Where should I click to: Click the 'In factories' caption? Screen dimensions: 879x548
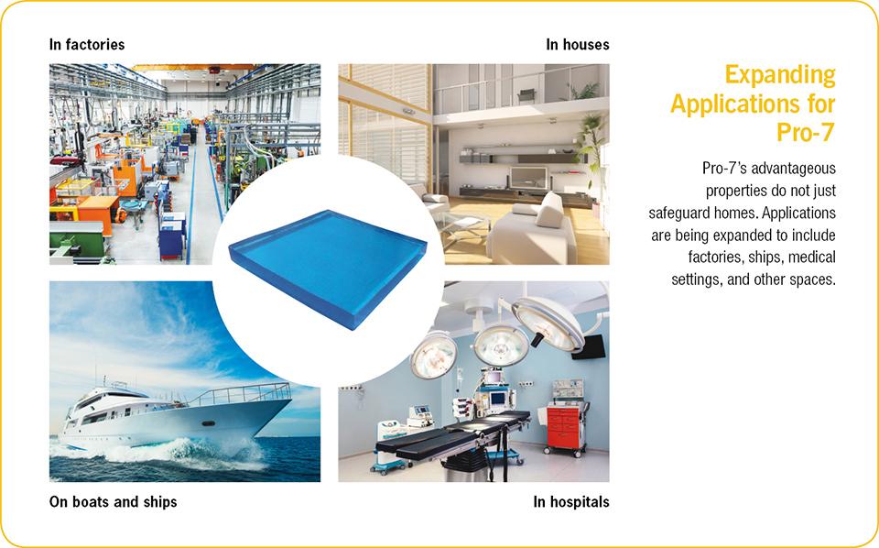pos(87,44)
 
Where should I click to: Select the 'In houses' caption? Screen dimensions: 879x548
pos(578,44)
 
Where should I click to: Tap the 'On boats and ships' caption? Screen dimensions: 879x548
pos(114,501)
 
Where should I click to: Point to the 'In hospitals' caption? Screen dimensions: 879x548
pos(571,501)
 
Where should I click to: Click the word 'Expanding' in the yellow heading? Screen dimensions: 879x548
pos(780,75)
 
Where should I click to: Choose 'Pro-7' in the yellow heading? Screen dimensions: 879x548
pos(806,132)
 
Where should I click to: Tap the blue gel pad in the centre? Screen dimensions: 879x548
pos(328,267)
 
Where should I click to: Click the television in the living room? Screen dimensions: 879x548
pos(528,178)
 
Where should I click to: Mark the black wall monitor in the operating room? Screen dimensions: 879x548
pos(589,347)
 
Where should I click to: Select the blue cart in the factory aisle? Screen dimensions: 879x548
pos(172,236)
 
